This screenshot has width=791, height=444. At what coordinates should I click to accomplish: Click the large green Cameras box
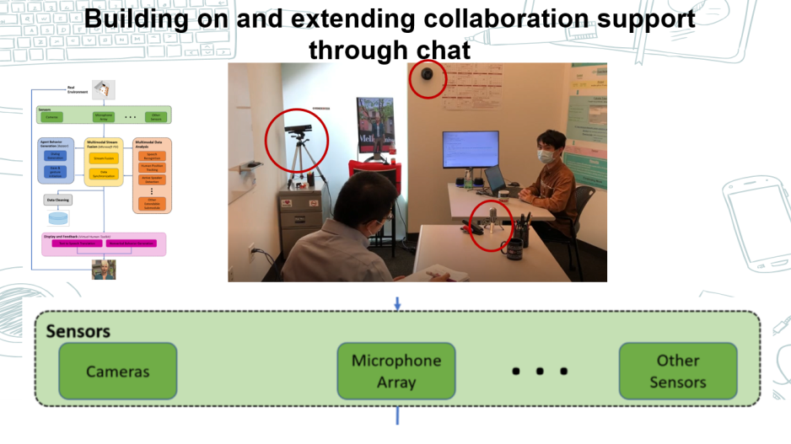[x=117, y=371]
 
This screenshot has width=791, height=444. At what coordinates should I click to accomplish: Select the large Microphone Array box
[x=396, y=371]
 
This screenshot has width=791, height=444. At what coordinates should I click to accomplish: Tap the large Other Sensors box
[x=678, y=371]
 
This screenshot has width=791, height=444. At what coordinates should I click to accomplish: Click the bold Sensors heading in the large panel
[x=78, y=330]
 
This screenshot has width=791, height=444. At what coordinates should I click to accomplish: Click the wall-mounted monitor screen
[x=470, y=149]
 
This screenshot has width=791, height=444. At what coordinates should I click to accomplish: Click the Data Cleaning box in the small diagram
[x=58, y=200]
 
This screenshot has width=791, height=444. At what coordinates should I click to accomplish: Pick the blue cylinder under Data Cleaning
[x=58, y=217]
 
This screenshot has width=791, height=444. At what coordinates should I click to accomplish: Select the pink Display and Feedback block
[x=104, y=243]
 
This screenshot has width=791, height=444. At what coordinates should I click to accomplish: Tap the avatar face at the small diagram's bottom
[x=104, y=269]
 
